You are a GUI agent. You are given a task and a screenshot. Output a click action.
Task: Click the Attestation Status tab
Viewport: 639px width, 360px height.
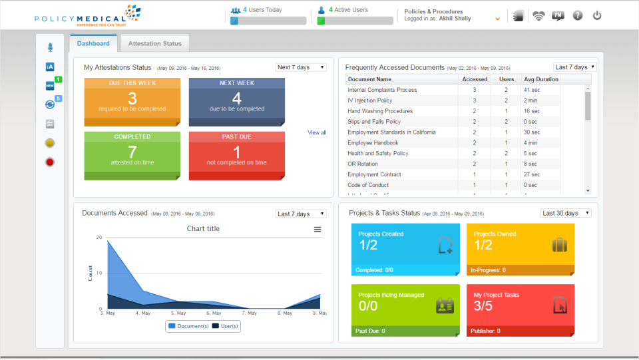coord(154,44)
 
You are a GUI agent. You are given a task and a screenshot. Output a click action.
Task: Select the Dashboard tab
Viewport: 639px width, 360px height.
coord(93,44)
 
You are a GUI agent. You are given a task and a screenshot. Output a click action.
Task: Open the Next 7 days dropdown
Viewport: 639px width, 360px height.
coord(301,67)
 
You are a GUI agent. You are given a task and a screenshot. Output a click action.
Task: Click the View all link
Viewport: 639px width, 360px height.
coord(317,132)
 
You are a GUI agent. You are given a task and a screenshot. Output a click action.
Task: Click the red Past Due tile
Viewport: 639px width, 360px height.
coord(236,156)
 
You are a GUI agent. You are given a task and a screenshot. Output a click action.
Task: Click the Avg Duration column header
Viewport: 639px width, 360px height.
coord(541,79)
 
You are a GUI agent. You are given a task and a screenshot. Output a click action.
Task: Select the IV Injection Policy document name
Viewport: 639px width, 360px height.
coord(369,100)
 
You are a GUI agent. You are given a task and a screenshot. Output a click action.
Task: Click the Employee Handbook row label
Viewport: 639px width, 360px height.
coord(373,143)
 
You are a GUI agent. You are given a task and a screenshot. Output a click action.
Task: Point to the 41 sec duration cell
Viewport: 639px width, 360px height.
coord(531,90)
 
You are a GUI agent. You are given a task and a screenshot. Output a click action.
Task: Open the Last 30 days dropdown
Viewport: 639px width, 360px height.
coord(565,213)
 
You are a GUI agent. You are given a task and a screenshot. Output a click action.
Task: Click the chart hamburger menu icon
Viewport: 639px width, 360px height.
coord(318,229)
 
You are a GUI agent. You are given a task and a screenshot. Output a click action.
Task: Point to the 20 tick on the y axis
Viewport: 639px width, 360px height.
coord(99,238)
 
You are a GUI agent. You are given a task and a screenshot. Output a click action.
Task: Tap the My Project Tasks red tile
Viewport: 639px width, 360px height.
coord(520,310)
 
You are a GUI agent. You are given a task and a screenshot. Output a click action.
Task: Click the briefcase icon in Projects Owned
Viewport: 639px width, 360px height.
coord(560,245)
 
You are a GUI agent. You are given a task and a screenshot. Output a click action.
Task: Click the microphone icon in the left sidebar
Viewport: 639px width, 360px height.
coord(50,47)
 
